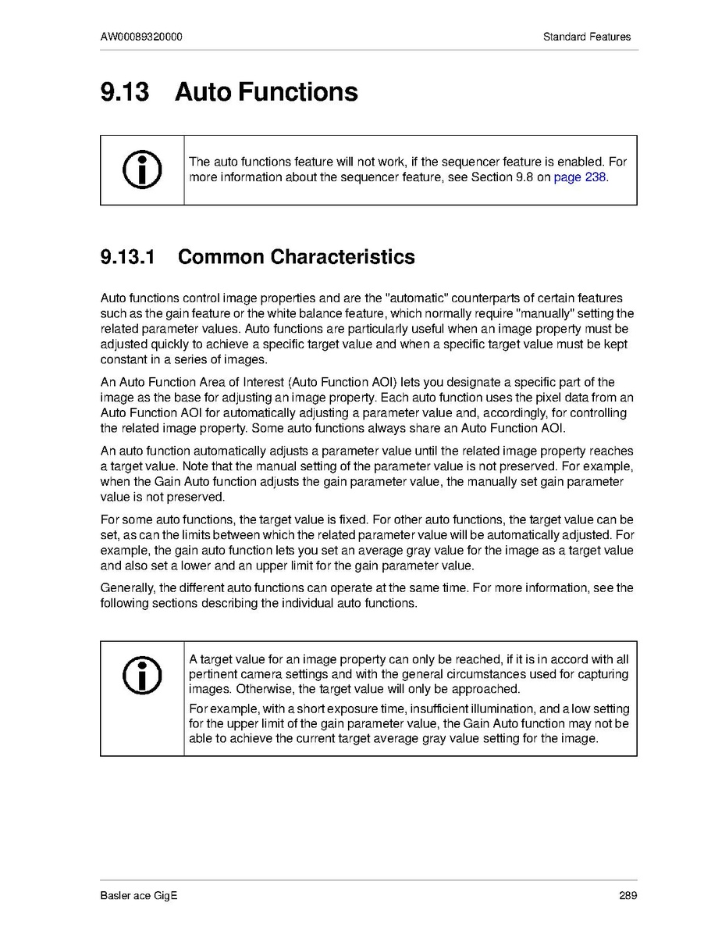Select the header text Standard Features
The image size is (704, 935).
[x=587, y=37]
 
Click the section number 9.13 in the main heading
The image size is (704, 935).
[x=124, y=92]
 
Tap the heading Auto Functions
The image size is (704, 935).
[x=266, y=92]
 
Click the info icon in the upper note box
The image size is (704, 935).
[x=142, y=170]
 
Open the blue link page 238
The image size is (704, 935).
[x=579, y=177]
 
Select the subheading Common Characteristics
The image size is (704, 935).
[x=297, y=257]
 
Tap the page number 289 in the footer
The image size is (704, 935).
[x=628, y=896]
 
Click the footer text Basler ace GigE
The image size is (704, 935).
[x=139, y=896]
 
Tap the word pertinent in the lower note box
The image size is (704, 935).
[x=215, y=674]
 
